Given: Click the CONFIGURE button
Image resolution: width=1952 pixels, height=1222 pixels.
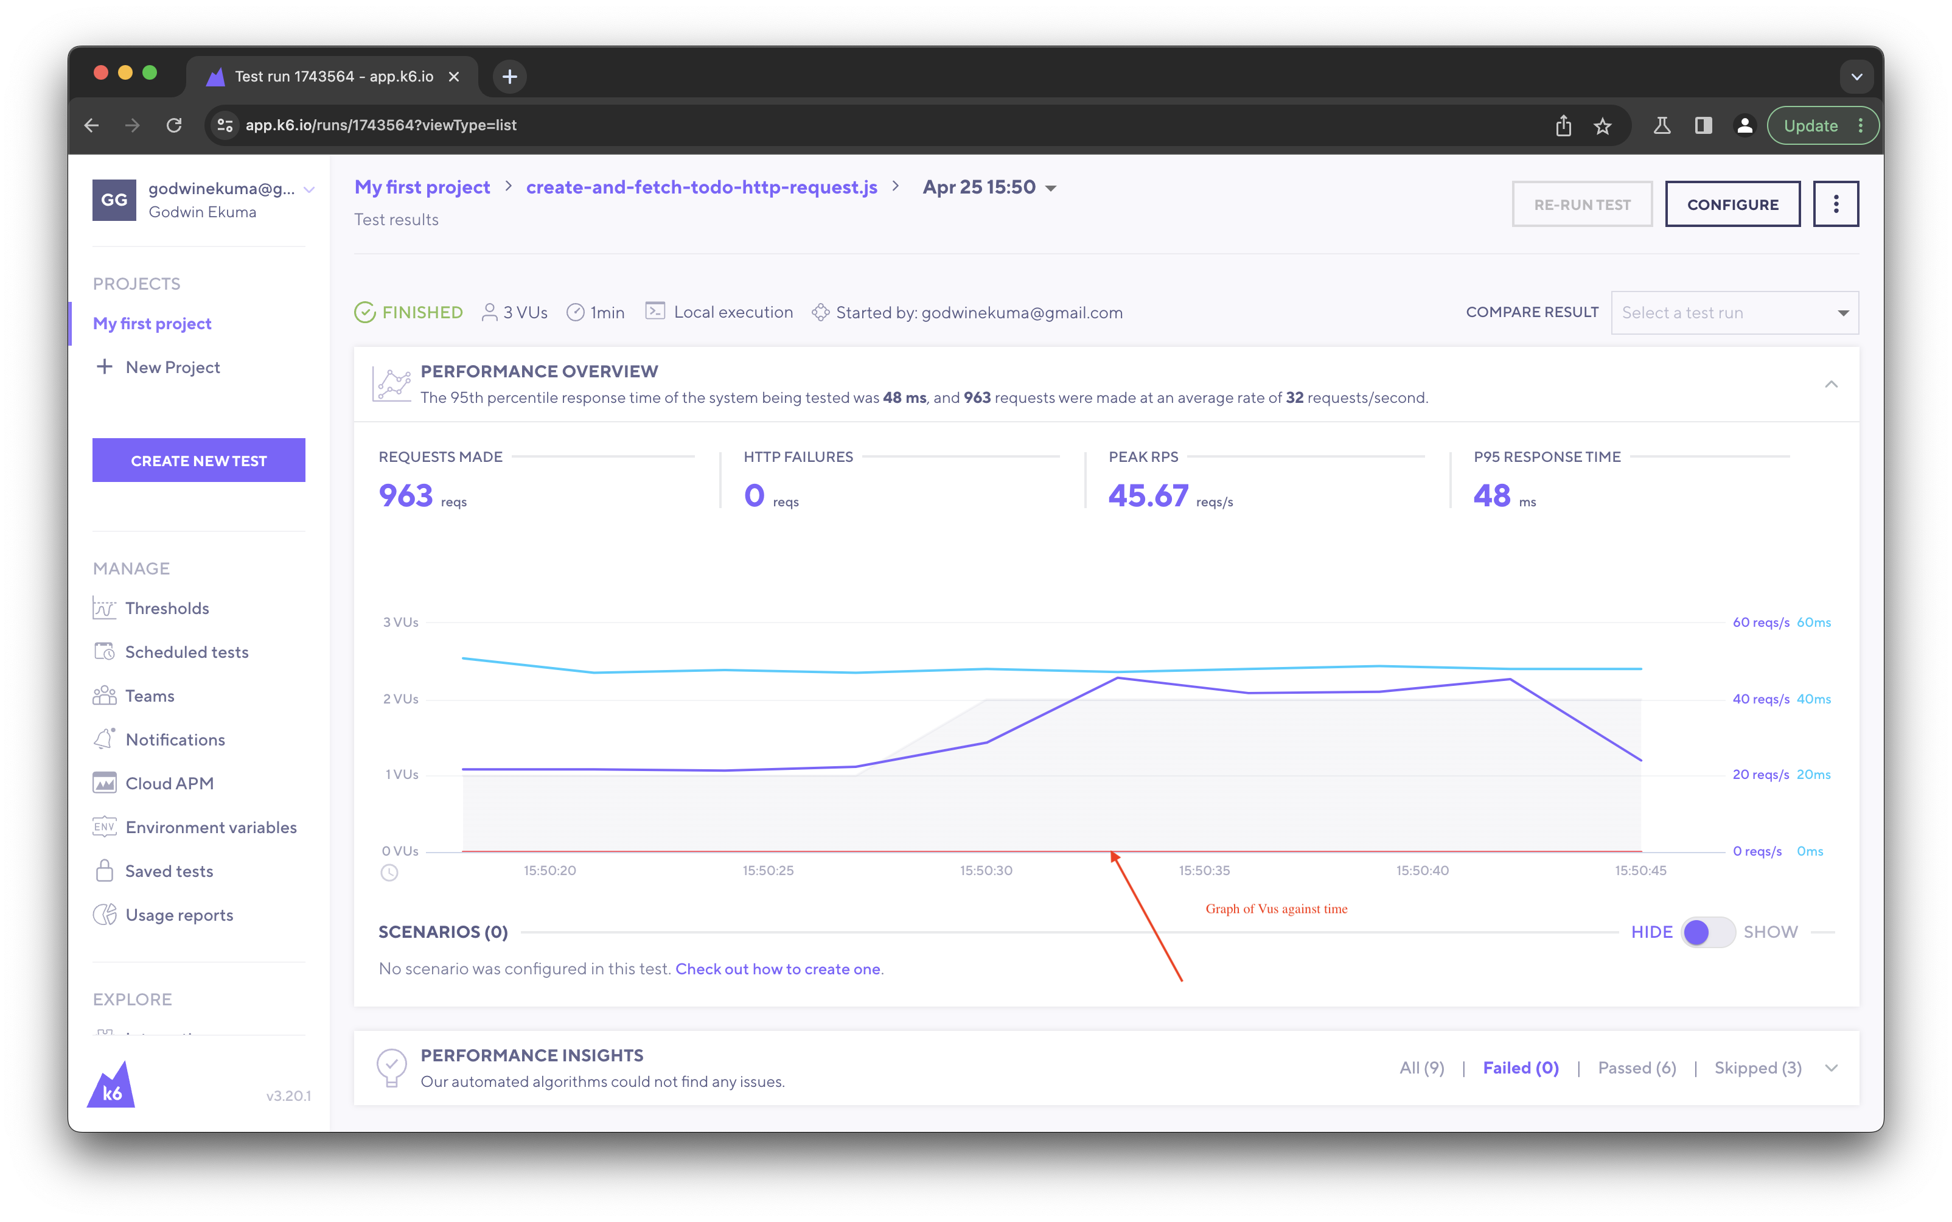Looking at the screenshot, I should pos(1732,204).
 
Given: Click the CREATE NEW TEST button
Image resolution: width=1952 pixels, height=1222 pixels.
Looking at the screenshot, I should pos(199,461).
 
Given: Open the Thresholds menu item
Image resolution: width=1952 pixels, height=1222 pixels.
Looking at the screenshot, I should pos(167,608).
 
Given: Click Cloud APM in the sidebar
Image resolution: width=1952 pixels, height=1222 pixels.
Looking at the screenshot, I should pos(169,783).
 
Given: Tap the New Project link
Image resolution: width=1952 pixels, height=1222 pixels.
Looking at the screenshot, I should pos(172,367).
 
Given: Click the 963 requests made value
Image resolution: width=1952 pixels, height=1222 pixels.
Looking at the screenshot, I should pos(406,495).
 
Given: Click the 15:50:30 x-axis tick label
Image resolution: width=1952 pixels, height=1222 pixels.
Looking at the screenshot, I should pos(986,870).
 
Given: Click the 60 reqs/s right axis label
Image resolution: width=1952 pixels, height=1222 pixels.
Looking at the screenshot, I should pos(1760,623).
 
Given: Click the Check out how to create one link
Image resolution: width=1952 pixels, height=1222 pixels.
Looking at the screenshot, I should pos(777,968).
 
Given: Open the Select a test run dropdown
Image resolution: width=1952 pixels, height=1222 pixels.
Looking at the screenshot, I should pos(1734,313).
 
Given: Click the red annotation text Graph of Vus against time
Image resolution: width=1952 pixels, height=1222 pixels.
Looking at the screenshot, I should pos(1276,909).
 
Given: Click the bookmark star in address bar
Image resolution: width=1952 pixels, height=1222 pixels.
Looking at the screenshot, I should pos(1602,125).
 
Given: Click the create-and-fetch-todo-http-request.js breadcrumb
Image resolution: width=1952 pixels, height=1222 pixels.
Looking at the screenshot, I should pos(702,187).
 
